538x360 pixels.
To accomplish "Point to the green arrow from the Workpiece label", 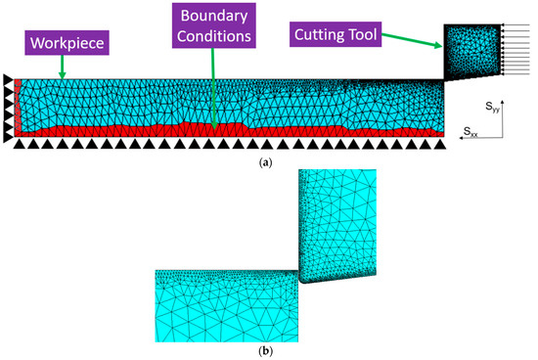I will (x=63, y=67).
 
